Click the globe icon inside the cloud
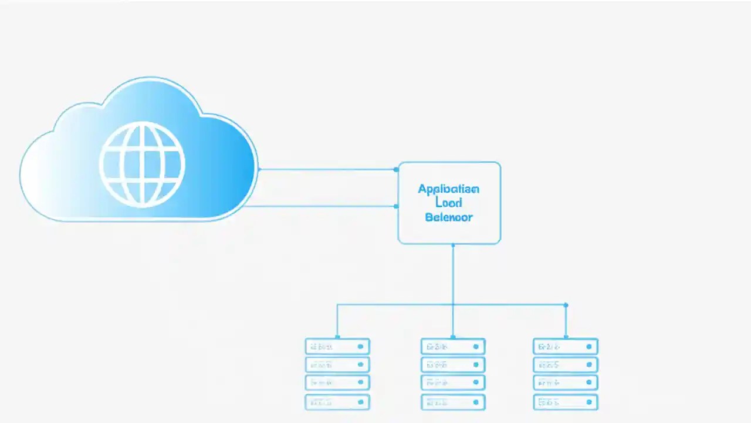click(x=142, y=164)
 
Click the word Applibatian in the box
click(x=448, y=189)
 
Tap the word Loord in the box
click(x=449, y=203)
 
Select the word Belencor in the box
click(x=448, y=217)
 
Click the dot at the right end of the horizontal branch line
click(x=566, y=305)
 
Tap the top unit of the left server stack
click(x=337, y=346)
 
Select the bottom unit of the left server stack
click(x=337, y=402)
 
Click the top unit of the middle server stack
click(x=453, y=346)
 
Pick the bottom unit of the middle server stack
click(x=453, y=402)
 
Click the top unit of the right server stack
click(x=566, y=346)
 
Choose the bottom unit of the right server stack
click(x=566, y=402)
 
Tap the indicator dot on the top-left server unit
click(x=360, y=347)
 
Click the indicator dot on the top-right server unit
click(x=588, y=347)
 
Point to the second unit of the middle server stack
click(x=453, y=364)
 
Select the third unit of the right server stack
click(x=566, y=382)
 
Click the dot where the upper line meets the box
click(x=397, y=169)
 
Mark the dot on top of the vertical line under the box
click(x=452, y=245)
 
